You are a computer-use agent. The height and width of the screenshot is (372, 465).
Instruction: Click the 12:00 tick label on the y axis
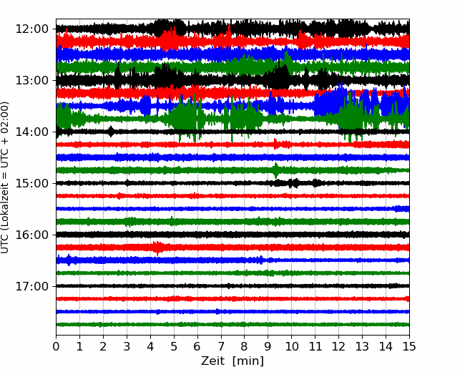pos(31,29)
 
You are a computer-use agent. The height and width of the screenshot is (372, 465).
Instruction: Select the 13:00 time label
pos(31,81)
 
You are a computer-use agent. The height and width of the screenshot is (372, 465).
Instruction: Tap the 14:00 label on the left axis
pos(31,132)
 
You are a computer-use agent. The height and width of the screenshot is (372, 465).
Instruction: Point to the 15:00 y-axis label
pos(31,184)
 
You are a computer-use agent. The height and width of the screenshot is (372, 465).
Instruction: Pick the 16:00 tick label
pos(31,235)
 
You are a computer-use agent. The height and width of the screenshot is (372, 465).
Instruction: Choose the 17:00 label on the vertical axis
pos(31,287)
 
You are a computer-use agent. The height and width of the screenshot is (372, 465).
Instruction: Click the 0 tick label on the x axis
pos(56,346)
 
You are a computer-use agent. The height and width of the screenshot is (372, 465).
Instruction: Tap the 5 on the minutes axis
pos(174,346)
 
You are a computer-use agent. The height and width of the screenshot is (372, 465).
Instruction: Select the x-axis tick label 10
pos(291,346)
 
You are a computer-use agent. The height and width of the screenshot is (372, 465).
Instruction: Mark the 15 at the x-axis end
pos(409,346)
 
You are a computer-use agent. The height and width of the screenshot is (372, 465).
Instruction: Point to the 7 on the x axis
pos(221,346)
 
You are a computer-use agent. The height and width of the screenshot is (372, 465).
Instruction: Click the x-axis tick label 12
pos(338,346)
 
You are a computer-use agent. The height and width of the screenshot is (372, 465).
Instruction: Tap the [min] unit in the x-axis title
pos(248,361)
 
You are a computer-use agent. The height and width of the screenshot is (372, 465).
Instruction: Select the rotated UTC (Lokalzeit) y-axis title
pos(5,177)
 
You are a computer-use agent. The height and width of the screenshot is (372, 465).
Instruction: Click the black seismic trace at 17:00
pos(232,286)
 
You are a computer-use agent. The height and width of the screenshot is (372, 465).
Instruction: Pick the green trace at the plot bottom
pos(232,325)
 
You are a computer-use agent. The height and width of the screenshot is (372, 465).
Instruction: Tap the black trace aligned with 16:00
pos(232,235)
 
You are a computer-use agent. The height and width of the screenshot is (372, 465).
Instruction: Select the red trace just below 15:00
pos(232,196)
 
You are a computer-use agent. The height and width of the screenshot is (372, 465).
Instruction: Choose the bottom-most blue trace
pos(232,311)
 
